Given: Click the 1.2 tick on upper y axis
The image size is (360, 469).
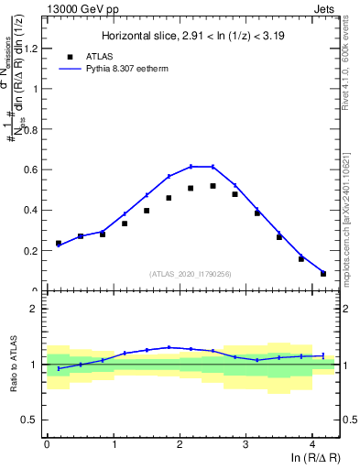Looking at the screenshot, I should (x=34, y=49).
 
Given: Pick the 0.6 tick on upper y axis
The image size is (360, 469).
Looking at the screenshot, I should (x=34, y=169).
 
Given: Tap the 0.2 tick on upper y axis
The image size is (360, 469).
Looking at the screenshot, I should (x=34, y=250).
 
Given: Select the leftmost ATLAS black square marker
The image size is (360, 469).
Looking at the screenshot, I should (x=59, y=244).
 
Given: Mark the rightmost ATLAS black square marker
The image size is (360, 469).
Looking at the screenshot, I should (x=323, y=273).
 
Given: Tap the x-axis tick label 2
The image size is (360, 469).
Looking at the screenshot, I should (x=180, y=445).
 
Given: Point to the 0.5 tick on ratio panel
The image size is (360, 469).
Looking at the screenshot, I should (x=34, y=420).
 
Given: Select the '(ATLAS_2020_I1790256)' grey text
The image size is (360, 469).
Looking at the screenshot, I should (x=191, y=273).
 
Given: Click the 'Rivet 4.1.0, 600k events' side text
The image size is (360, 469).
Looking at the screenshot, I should (x=352, y=69).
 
